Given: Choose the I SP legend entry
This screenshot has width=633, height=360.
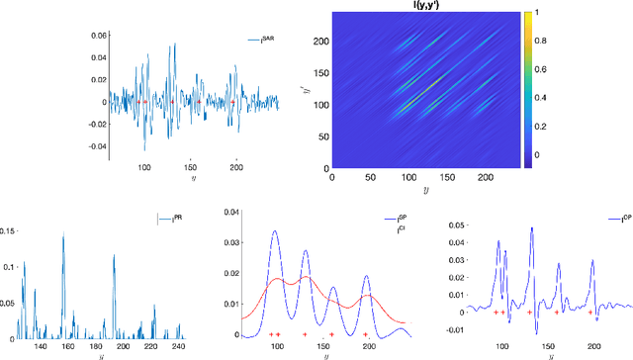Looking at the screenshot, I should (393, 219).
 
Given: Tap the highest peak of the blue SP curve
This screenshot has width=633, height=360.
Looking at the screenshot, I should (275, 232).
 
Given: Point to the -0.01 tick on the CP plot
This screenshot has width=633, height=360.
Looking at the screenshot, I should (448, 330).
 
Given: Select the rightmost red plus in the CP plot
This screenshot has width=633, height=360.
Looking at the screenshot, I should (590, 313).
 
